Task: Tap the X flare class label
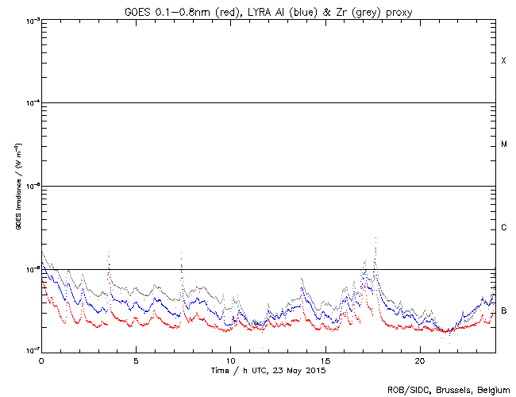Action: point(503,61)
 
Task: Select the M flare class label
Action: point(503,145)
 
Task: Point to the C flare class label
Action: point(503,228)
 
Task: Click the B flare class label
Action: point(503,310)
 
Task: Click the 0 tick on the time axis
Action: point(41,359)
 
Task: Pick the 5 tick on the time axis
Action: point(136,359)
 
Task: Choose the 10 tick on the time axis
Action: point(230,359)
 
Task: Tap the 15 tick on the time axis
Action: point(325,359)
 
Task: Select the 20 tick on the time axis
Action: point(419,359)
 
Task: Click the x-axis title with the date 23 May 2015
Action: point(268,370)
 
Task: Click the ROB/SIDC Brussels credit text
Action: point(448,389)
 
